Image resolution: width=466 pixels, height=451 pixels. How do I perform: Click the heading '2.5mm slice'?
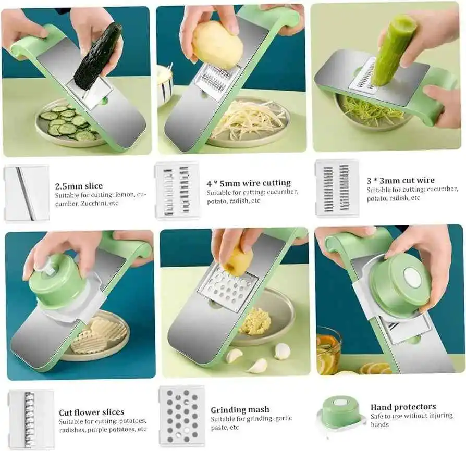[79, 186]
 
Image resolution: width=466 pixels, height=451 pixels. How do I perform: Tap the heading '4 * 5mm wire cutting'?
[248, 183]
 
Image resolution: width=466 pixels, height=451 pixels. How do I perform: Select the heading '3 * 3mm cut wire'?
[400, 181]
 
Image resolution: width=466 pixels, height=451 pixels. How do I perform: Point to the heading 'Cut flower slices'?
[91, 412]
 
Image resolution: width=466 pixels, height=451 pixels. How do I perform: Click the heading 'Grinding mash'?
[240, 410]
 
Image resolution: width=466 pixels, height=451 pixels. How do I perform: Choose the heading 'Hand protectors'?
[403, 407]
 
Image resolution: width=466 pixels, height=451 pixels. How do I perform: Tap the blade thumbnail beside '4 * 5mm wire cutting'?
[177, 190]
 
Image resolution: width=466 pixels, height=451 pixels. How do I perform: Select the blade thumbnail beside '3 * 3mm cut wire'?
[337, 188]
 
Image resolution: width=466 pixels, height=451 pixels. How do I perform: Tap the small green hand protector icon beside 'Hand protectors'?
[340, 411]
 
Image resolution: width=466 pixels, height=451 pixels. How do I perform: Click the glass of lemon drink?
[328, 349]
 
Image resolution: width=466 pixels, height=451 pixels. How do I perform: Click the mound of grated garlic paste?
[255, 321]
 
